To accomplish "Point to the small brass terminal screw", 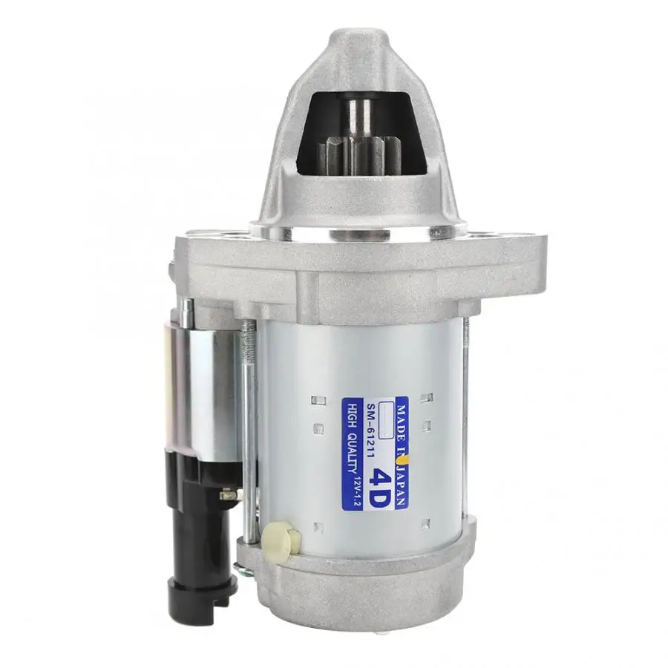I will click(227, 494).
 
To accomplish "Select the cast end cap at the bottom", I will click(356, 594).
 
